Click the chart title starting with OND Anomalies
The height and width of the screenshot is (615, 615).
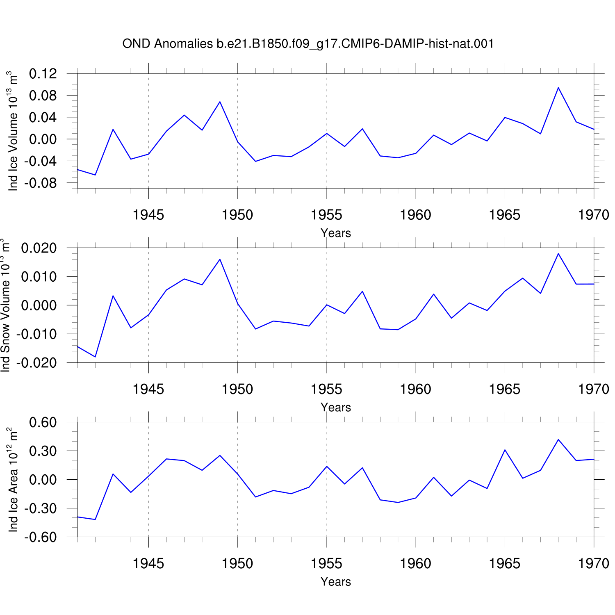coord(308,43)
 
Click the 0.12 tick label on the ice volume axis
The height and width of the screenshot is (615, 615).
coord(43,74)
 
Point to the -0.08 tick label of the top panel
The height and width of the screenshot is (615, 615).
coord(40,183)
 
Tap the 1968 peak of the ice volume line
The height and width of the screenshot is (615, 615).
coord(558,87)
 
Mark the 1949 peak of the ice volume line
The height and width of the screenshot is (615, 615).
coord(220,102)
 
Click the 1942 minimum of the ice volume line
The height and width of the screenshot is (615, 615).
coord(95,175)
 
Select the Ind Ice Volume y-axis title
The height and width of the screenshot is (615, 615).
coord(12,131)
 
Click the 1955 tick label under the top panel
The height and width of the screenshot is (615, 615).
coord(326,215)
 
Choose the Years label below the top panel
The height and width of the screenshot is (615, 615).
coord(336,233)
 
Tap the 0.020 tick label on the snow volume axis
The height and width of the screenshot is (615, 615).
coord(39,248)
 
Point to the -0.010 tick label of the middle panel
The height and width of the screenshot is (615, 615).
coord(36,334)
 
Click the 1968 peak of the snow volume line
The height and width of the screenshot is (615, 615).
coord(558,253)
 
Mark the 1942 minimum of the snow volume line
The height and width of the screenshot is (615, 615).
coord(95,357)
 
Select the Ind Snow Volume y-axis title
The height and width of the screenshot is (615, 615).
coord(5,305)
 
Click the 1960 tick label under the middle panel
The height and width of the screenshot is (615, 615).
coord(416,389)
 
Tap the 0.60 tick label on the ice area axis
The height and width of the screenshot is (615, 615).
coord(43,422)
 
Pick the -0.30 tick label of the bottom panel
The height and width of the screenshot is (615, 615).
coord(40,508)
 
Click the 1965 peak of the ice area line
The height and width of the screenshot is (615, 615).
coord(505,450)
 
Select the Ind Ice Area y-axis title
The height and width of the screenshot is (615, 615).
coord(12,480)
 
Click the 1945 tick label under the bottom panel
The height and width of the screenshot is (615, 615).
coord(148,563)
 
